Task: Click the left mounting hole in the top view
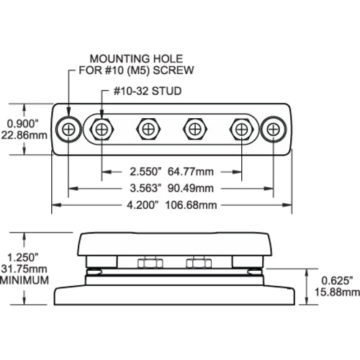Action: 68,130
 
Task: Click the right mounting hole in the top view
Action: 274,130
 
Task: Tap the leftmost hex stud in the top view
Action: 102,130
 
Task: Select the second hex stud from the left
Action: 148,130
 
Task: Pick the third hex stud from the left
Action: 195,130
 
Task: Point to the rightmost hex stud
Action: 242,130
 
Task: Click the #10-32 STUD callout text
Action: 148,91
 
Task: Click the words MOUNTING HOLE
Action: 136,59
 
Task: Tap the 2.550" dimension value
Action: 145,171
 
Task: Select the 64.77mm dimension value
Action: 191,171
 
